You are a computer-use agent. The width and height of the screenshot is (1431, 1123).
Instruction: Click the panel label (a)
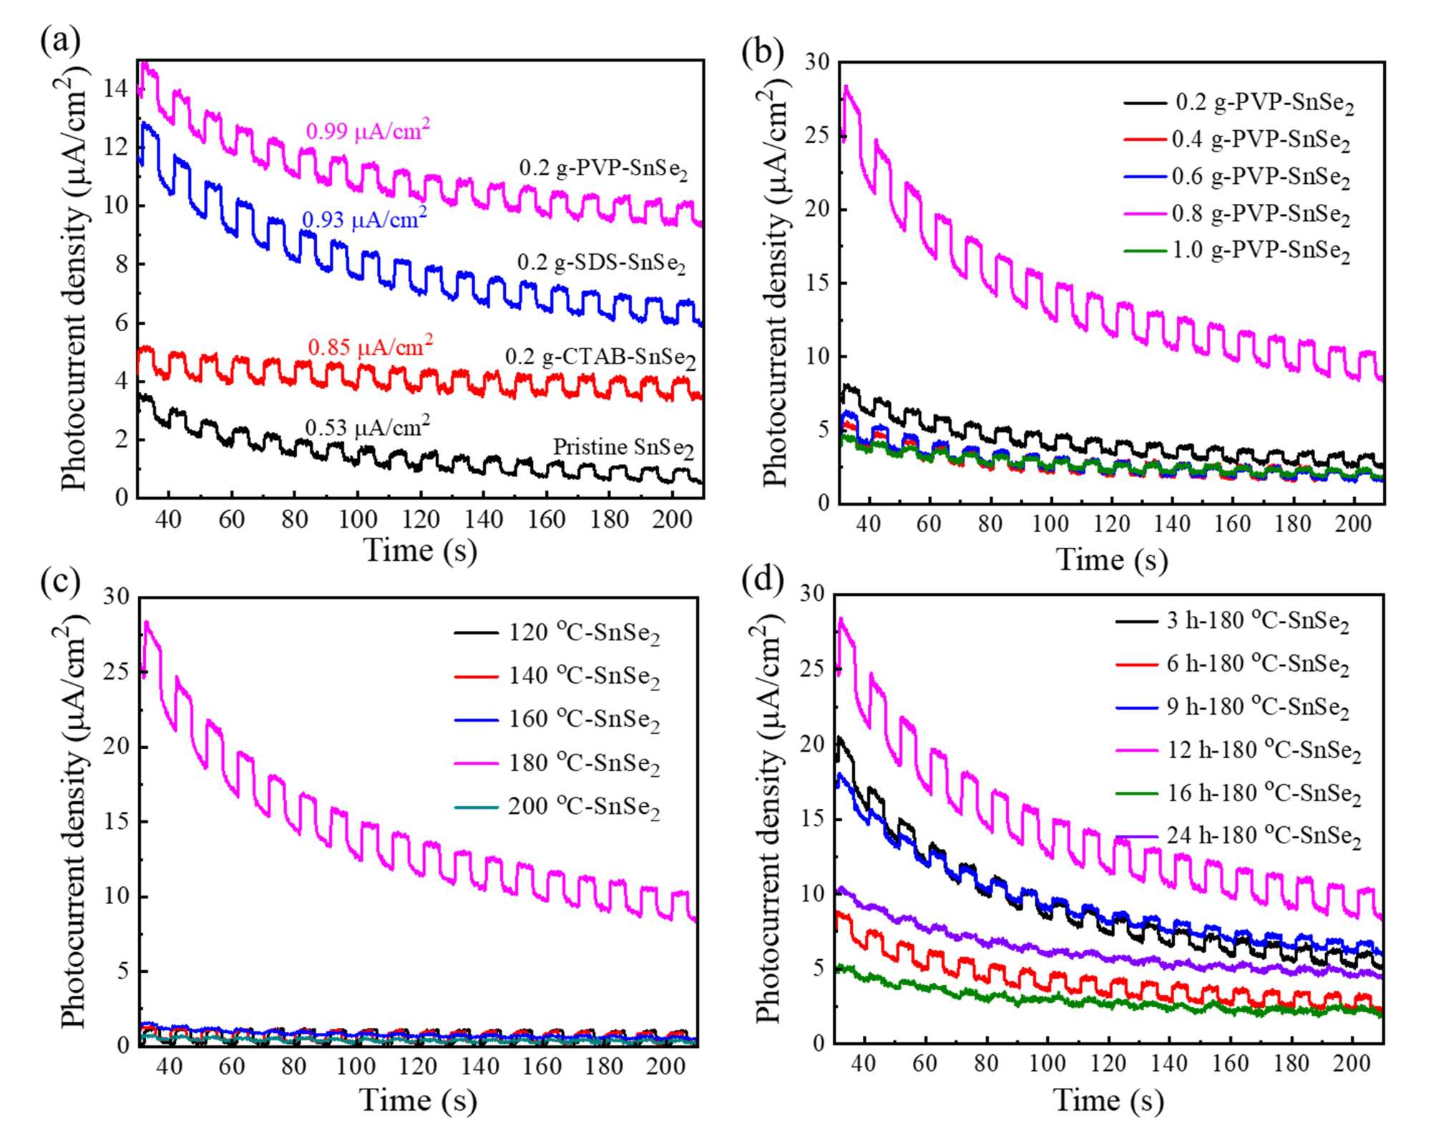(x=60, y=41)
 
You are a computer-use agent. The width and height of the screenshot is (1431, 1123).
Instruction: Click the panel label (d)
(x=763, y=579)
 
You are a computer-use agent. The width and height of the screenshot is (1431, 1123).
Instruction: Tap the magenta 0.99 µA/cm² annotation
(x=368, y=130)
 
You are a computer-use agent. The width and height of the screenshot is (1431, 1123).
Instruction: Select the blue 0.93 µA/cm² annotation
(x=364, y=219)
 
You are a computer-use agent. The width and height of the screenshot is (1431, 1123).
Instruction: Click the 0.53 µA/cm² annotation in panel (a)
(x=367, y=427)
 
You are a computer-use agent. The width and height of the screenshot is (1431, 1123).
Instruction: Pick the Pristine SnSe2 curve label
(x=623, y=448)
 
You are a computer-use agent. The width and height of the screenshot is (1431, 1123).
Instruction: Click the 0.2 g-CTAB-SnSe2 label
(x=600, y=357)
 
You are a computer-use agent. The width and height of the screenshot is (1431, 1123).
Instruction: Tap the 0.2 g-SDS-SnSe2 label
(x=601, y=263)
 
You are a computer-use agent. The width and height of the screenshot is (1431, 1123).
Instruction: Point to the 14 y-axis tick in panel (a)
(x=115, y=89)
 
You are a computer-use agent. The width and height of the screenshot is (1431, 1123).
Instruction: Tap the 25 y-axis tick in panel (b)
(x=816, y=136)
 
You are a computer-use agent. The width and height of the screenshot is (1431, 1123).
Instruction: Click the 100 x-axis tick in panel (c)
(x=356, y=1066)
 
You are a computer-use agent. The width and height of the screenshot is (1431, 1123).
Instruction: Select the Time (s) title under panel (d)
(x=1108, y=1099)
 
